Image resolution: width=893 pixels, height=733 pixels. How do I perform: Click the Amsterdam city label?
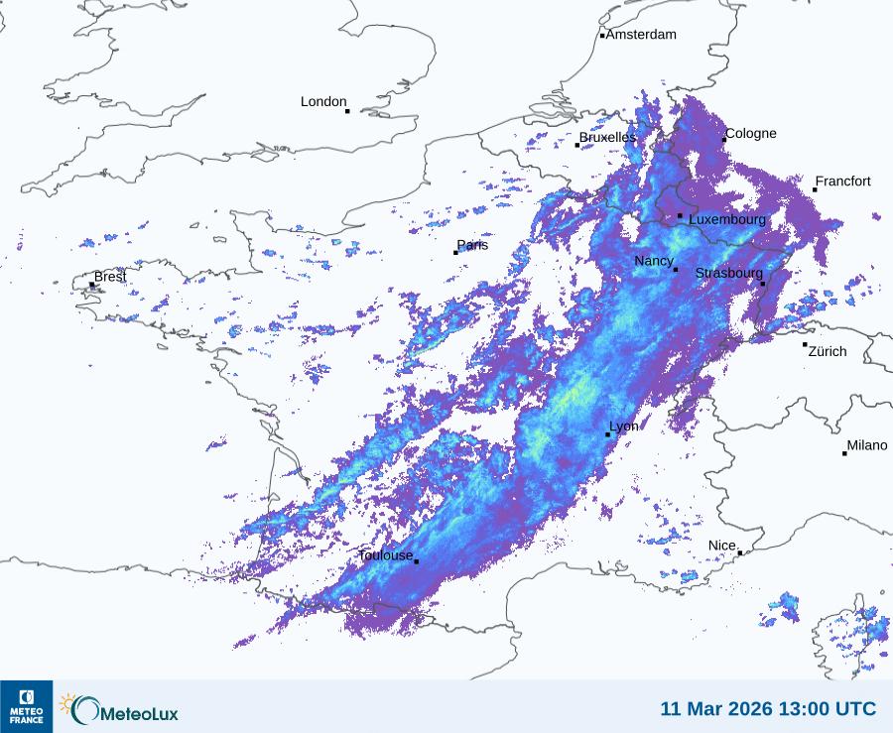point(641,35)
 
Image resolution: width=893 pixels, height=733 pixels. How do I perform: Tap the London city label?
point(323,102)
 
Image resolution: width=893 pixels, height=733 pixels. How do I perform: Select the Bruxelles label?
point(607,137)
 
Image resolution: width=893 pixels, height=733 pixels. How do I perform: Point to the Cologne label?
point(751,134)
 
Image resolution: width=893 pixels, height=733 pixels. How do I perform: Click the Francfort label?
point(843,182)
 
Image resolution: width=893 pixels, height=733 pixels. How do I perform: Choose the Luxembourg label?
point(727,219)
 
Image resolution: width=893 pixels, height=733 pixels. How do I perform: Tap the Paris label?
point(473,245)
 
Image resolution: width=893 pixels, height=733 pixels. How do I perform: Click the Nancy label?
point(654,261)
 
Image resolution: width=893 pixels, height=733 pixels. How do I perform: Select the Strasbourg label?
point(729,274)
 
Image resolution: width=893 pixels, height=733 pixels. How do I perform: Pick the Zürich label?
point(828,351)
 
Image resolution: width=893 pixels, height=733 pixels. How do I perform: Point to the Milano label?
point(867,446)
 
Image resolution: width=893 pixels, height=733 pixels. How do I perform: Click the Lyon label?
point(624,427)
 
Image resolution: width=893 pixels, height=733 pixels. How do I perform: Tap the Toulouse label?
point(386,555)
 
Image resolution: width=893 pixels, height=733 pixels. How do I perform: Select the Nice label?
point(722,547)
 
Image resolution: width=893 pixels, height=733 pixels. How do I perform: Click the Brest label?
point(110,277)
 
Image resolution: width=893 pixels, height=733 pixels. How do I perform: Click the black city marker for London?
point(347,111)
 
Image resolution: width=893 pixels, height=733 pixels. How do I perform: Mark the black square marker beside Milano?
point(845,453)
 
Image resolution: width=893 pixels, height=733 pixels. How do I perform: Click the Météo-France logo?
point(26,706)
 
